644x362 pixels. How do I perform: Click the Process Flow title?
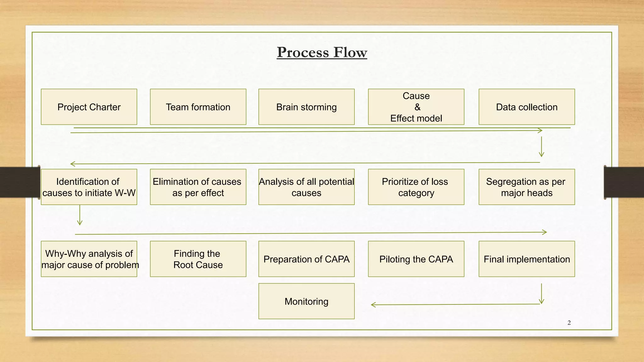point(322,52)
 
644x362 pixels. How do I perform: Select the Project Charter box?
point(89,107)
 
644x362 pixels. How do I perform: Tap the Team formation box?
point(198,107)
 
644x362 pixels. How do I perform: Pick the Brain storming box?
point(306,107)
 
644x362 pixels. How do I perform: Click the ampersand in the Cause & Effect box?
point(417,107)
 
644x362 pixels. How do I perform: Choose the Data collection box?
point(527,107)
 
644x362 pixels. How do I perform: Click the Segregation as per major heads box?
point(527,187)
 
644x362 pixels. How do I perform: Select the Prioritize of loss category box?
point(416,187)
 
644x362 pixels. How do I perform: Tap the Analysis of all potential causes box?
point(306,187)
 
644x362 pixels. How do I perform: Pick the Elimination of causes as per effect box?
point(198,187)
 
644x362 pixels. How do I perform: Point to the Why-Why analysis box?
point(89,259)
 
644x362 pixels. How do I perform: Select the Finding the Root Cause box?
point(198,259)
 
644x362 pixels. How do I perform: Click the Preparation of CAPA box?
point(306,259)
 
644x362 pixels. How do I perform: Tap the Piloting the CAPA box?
point(416,259)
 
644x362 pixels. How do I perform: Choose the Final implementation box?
point(527,259)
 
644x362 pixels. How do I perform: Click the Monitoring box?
point(306,301)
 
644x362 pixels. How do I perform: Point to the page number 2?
point(569,323)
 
